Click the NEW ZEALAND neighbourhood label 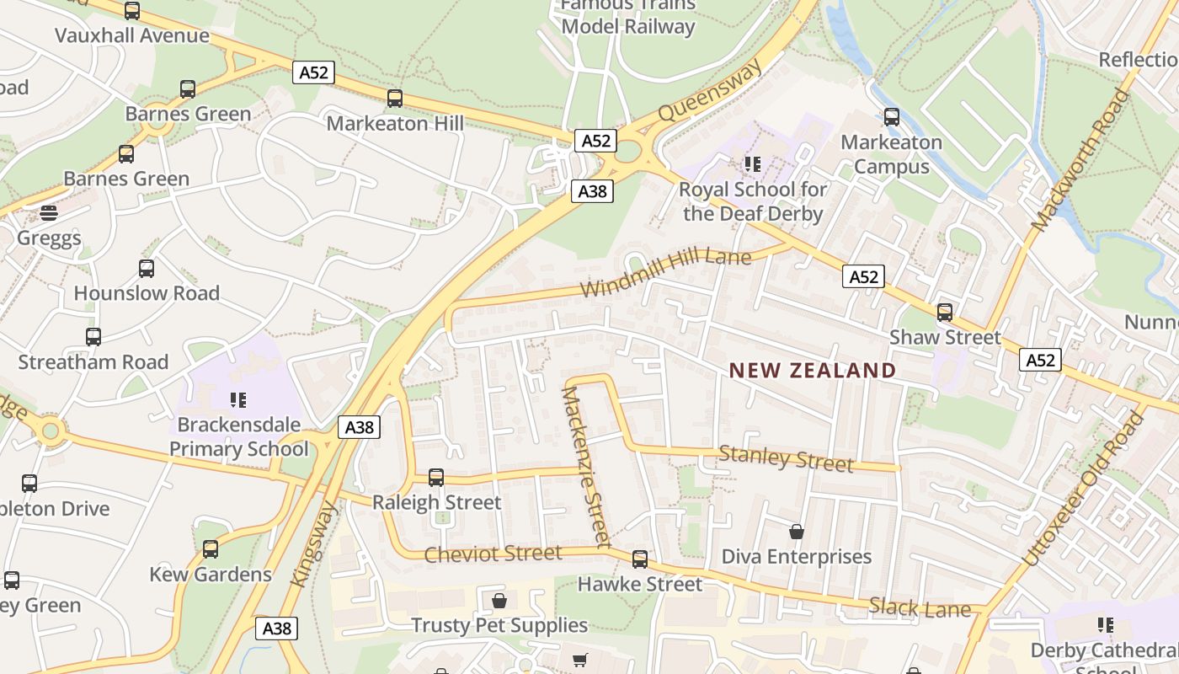point(813,370)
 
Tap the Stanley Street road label point(786,459)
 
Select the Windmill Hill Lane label point(665,272)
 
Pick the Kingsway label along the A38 point(314,544)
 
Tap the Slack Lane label point(920,607)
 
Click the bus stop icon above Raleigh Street point(436,478)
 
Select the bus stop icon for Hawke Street point(640,559)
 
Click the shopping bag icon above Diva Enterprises point(797,532)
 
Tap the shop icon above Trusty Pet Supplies point(499,601)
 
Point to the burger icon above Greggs point(49,213)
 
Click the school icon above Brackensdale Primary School point(237,399)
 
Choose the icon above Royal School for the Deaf point(752,164)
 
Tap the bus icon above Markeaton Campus point(892,117)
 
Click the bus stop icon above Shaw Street point(945,313)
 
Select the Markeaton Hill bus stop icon point(394,99)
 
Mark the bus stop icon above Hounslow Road point(147,269)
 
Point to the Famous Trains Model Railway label point(628,16)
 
